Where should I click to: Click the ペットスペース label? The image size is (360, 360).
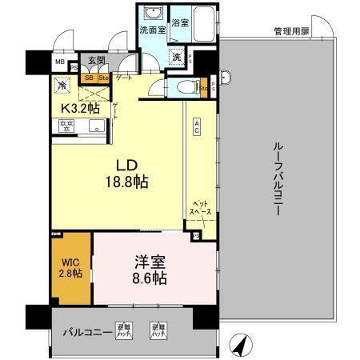pyautogui.click(x=197, y=209)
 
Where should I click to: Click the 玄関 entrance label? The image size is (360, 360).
pyautogui.click(x=96, y=60)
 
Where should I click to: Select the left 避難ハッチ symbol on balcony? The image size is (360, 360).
pyautogui.click(x=123, y=329)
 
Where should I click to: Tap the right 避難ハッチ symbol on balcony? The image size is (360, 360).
pyautogui.click(x=157, y=329)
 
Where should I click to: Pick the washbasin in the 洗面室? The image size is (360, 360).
pyautogui.click(x=150, y=15)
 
